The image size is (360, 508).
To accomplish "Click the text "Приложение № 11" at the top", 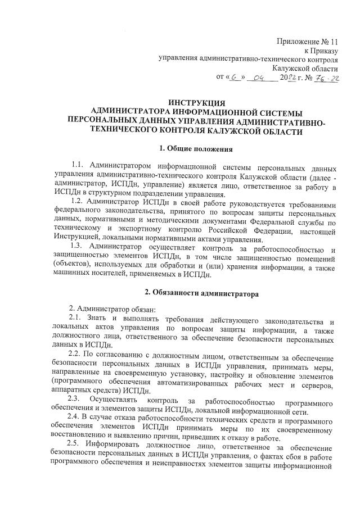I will click(x=309, y=42).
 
